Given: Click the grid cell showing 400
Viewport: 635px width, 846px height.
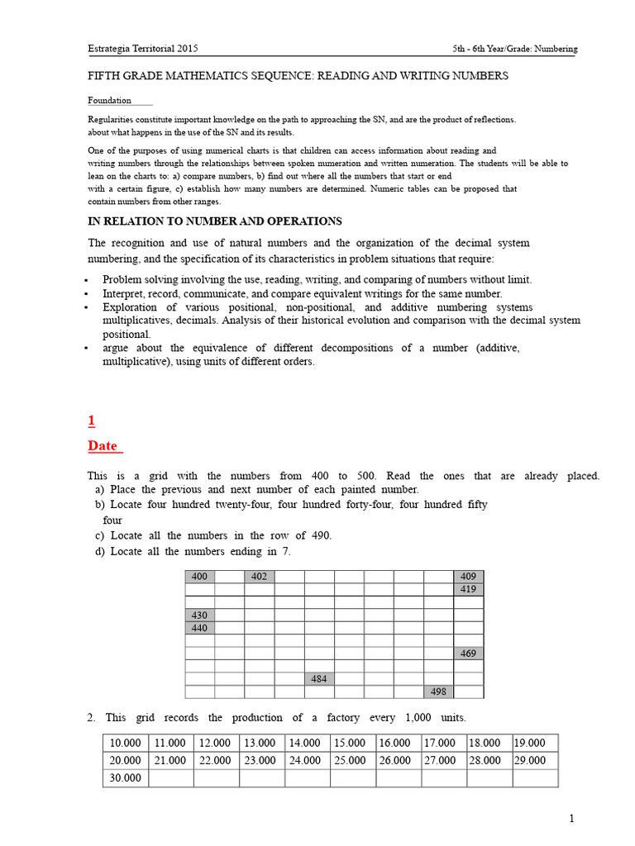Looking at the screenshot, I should pos(199,577).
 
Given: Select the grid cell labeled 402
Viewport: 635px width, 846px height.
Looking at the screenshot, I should pos(259,577).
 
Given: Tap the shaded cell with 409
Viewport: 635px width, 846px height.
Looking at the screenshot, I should pos(468,577).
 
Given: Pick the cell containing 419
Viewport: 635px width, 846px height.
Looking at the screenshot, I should pos(468,590).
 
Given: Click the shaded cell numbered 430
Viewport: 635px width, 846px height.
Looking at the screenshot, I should pos(199,615).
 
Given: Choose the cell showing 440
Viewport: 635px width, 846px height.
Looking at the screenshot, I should pos(199,628).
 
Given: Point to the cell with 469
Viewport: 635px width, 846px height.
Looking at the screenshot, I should pos(468,654).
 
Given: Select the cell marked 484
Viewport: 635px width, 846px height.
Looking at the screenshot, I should pos(318,679).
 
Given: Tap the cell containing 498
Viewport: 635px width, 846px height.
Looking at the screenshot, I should pos(438,692).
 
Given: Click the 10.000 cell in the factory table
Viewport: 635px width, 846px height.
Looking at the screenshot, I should pos(126,743).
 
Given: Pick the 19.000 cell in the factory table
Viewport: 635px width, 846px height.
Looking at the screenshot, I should pos(535,743).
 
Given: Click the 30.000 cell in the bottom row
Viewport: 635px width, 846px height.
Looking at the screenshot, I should pos(126,777).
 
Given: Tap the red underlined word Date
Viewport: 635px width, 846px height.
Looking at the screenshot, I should pos(103,446).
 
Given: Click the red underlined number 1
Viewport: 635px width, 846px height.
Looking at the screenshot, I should pos(92,421).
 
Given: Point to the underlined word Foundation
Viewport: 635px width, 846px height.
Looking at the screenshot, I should pos(110,101).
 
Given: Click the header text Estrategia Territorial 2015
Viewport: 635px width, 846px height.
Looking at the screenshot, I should pos(142,49).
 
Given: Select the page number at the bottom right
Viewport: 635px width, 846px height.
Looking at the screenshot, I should pos(571,819).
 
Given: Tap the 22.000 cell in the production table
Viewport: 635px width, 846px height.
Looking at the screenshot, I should pos(217,760).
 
